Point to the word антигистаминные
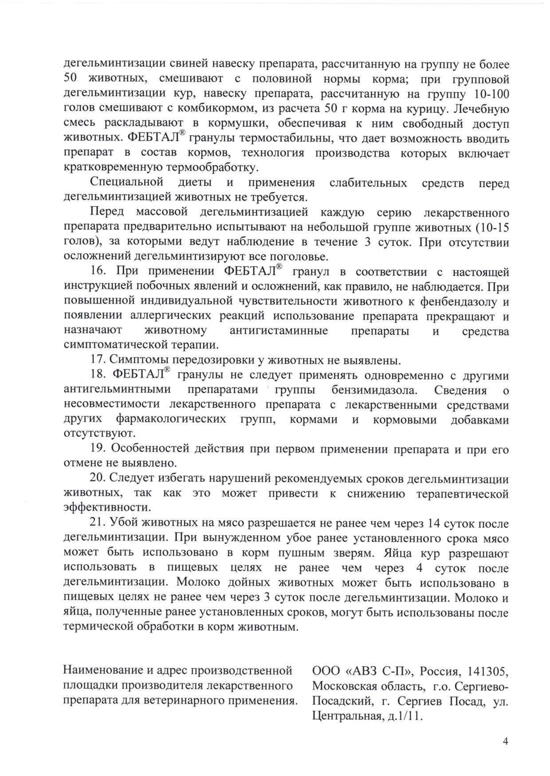[279, 331]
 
